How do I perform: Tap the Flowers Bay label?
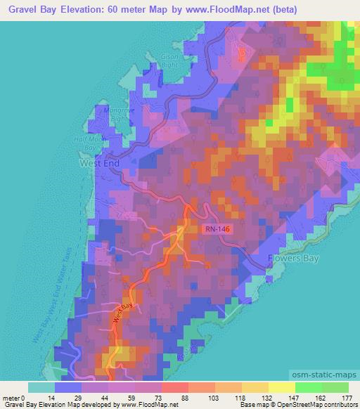tap(294, 258)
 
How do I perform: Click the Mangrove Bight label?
tap(112, 115)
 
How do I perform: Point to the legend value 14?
tap(50, 397)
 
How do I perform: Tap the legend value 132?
tap(268, 397)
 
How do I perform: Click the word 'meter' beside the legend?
tap(11, 397)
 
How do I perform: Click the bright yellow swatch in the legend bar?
tap(281, 387)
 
